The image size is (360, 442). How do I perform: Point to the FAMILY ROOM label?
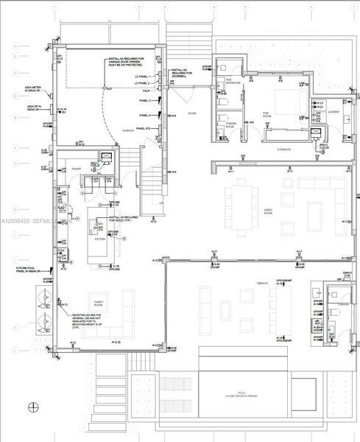point(96,303)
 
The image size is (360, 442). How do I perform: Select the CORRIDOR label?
point(283,150)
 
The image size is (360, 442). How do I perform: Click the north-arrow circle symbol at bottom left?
point(33,407)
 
